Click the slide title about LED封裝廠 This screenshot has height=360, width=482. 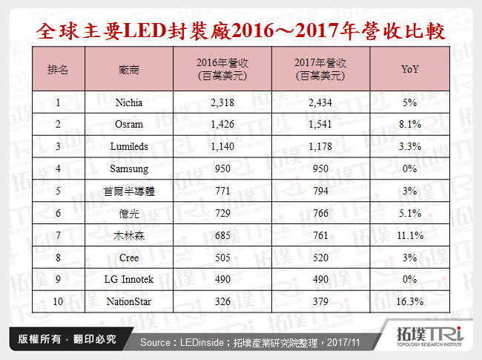click(x=240, y=31)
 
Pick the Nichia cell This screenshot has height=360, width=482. click(x=129, y=101)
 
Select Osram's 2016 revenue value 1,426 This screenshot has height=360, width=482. click(x=222, y=124)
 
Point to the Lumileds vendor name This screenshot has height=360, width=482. click(x=129, y=147)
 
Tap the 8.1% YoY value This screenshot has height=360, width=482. click(x=409, y=124)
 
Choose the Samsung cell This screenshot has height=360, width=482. click(x=129, y=169)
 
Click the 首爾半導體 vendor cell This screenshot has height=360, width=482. click(x=129, y=192)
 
